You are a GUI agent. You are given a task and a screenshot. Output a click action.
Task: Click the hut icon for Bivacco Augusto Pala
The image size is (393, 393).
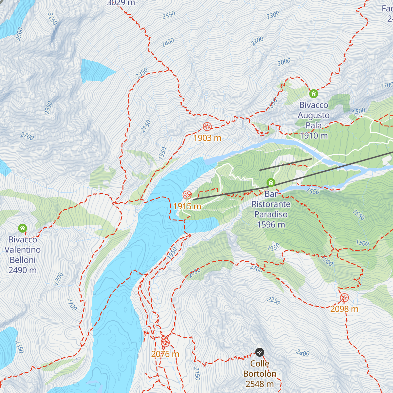point(313,94)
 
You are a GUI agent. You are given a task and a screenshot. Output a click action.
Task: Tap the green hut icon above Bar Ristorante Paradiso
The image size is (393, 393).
point(271,182)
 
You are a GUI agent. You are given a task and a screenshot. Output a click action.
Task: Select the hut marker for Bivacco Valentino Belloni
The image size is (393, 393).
point(22,228)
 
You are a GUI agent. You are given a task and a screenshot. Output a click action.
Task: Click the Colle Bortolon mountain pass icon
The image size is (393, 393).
point(259,352)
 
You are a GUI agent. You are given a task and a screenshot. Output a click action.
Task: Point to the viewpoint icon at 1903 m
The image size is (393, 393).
point(207,126)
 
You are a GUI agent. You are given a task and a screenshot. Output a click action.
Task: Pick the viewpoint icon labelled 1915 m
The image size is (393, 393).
point(187,195)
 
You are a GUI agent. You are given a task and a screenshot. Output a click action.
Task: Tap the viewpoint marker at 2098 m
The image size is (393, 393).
point(344,298)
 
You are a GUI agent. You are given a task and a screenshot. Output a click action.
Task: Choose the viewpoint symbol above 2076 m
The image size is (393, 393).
point(165,343)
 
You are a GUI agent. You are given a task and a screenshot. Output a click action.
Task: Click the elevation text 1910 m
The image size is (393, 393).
point(313,136)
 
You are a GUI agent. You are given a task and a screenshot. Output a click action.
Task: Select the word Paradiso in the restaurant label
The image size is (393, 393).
point(271,215)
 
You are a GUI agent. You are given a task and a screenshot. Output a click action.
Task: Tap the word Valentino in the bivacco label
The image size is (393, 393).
point(23,250)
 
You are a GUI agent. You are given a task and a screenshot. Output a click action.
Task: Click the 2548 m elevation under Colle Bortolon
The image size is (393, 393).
point(259,384)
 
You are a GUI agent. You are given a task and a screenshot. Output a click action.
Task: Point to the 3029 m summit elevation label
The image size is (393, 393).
point(121,3)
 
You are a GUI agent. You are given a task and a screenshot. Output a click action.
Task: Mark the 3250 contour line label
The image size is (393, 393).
point(52,19)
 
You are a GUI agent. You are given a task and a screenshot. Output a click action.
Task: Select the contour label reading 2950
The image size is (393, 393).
point(48,108)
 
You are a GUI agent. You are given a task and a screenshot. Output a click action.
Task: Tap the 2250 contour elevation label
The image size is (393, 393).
point(273,301)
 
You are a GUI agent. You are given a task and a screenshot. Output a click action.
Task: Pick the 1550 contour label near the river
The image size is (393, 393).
point(312,191)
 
